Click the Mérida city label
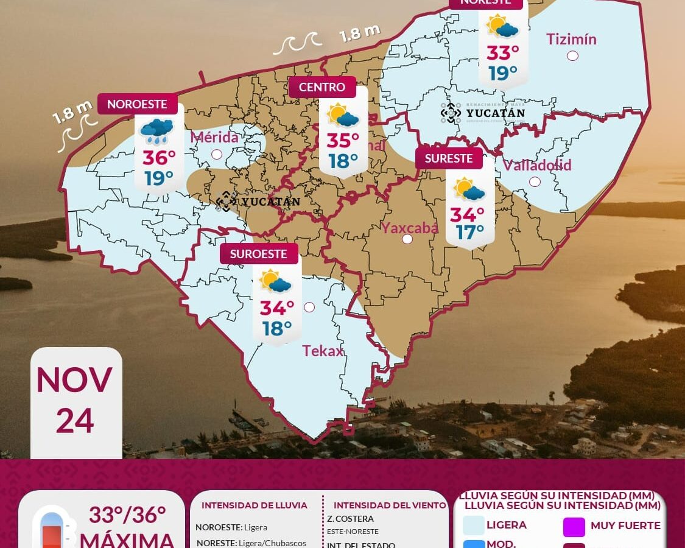(x=214, y=137)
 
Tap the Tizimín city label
(x=571, y=40)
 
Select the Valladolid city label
(x=537, y=165)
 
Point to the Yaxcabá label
(x=409, y=228)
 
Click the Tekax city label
(x=323, y=351)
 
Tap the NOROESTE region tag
(x=137, y=104)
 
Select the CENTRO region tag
(x=322, y=87)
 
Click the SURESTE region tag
(x=449, y=158)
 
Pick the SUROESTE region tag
(x=259, y=254)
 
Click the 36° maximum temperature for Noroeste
(x=159, y=158)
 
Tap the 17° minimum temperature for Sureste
(x=469, y=232)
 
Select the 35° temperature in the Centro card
(x=343, y=141)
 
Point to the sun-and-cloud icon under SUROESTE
(x=275, y=281)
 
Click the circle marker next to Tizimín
(x=572, y=56)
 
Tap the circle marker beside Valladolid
(x=535, y=181)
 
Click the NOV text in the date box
(x=74, y=380)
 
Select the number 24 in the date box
(x=75, y=421)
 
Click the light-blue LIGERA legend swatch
(x=474, y=525)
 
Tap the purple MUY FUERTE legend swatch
(x=574, y=527)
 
